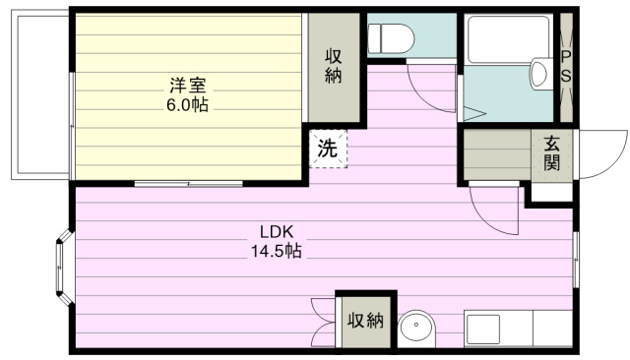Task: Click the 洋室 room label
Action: [x=187, y=86]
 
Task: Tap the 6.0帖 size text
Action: [x=187, y=104]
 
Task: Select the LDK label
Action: [x=277, y=231]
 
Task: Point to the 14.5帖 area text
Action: [x=277, y=251]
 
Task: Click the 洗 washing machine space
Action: [x=328, y=149]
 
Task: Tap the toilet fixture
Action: [x=391, y=38]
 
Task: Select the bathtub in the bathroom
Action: [x=509, y=39]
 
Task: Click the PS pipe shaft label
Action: [x=566, y=67]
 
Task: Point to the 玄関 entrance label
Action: [x=551, y=153]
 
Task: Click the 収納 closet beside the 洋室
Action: [x=334, y=68]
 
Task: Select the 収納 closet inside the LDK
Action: [x=365, y=322]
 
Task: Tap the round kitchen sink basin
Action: [x=416, y=328]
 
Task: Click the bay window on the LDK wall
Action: [x=64, y=267]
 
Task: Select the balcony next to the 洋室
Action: [x=40, y=94]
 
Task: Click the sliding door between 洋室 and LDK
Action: [x=188, y=184]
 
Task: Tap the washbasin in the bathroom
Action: [x=538, y=74]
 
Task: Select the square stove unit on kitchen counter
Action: [x=483, y=330]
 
